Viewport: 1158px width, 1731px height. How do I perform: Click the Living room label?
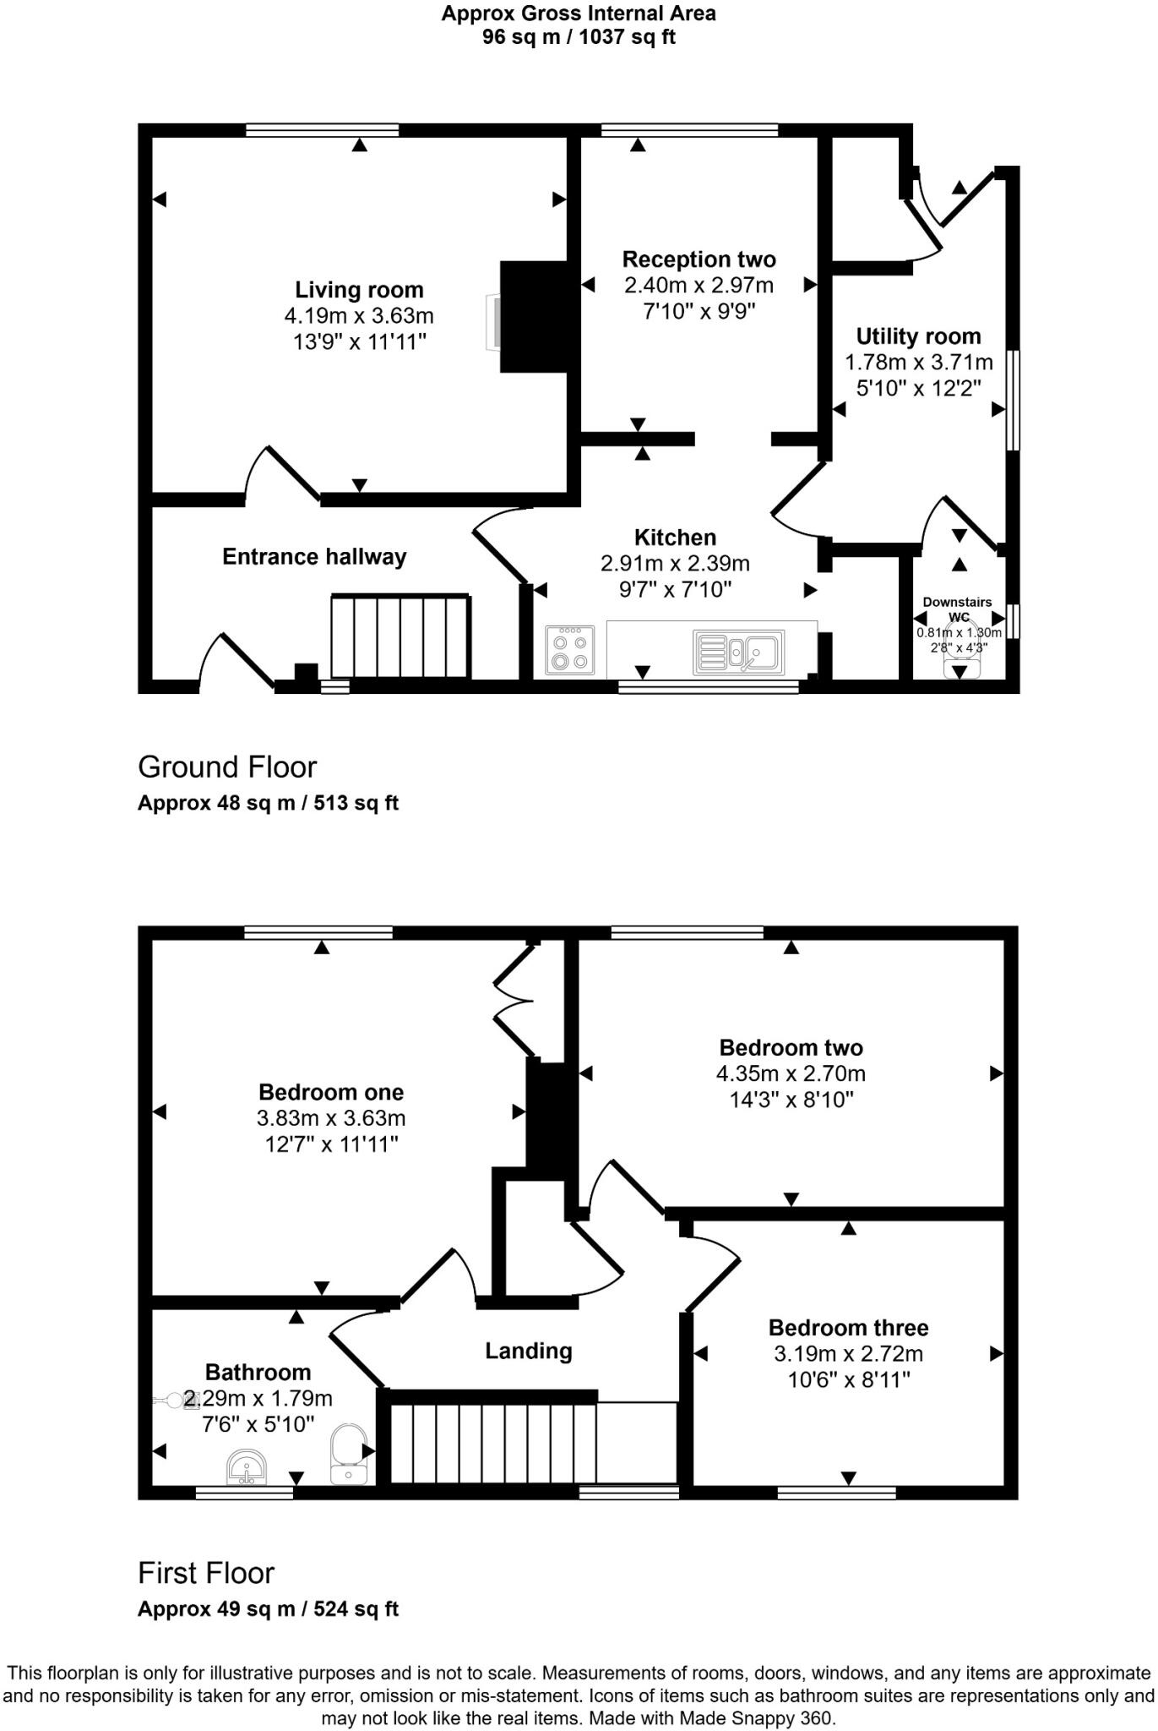pyautogui.click(x=359, y=290)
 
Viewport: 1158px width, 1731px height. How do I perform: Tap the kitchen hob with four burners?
pyautogui.click(x=569, y=650)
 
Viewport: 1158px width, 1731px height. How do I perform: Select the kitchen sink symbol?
pyautogui.click(x=739, y=652)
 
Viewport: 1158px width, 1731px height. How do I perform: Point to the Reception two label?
pyautogui.click(x=699, y=259)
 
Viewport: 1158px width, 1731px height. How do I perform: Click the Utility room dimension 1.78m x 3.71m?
pyautogui.click(x=919, y=363)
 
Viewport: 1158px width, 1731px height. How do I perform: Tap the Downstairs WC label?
pyautogui.click(x=958, y=609)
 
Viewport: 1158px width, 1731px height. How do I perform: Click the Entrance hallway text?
pyautogui.click(x=314, y=557)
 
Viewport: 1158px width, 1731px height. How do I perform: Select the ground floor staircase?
pyautogui.click(x=400, y=636)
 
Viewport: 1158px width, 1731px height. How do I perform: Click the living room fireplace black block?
pyautogui.click(x=535, y=316)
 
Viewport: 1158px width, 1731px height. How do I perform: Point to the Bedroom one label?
pyautogui.click(x=331, y=1091)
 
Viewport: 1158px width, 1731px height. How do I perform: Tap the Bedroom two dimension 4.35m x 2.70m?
pyautogui.click(x=791, y=1073)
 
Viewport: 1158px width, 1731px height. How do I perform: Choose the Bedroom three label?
pyautogui.click(x=848, y=1327)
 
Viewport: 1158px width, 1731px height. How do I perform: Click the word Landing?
pyautogui.click(x=528, y=1351)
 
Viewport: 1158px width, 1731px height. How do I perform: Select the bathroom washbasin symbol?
pyautogui.click(x=247, y=1468)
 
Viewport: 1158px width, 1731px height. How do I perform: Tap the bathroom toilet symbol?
pyautogui.click(x=348, y=1455)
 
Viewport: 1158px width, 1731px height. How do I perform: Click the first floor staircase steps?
pyautogui.click(x=492, y=1443)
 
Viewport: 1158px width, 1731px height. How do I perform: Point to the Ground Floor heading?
pyautogui.click(x=227, y=767)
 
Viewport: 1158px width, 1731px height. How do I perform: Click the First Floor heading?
pyautogui.click(x=206, y=1573)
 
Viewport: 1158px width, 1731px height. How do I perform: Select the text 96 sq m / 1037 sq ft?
pyautogui.click(x=579, y=37)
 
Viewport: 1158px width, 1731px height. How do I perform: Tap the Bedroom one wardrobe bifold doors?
pyautogui.click(x=514, y=1002)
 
